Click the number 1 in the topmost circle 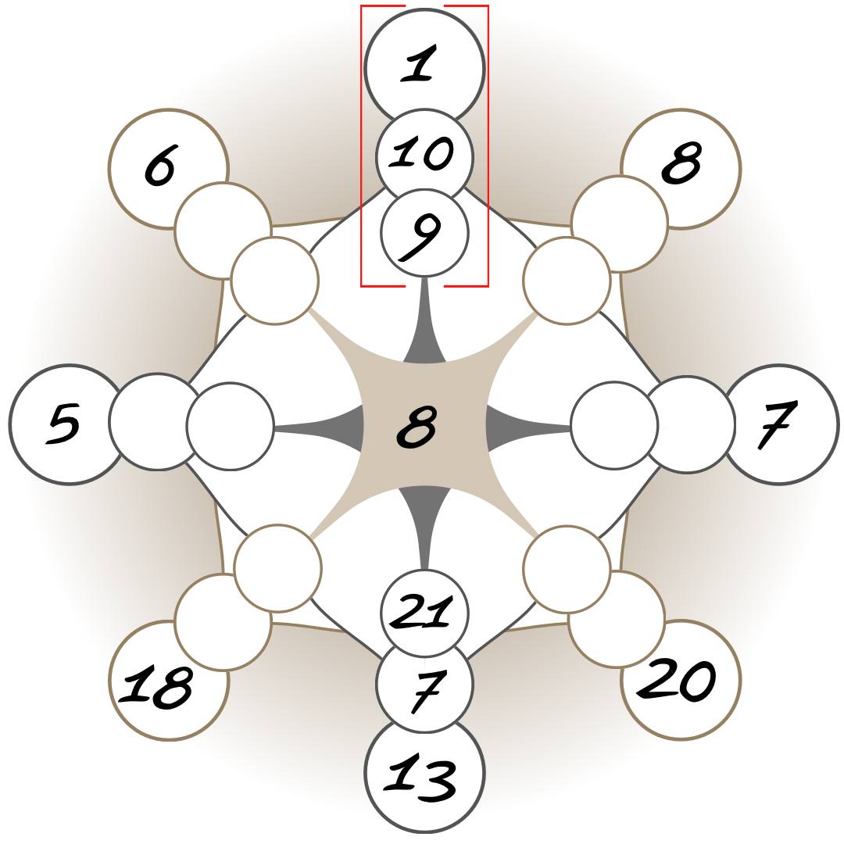pos(420,64)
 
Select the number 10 pos(423,153)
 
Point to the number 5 pos(64,424)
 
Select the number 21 pos(422,612)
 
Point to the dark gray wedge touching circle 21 pos(424,516)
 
